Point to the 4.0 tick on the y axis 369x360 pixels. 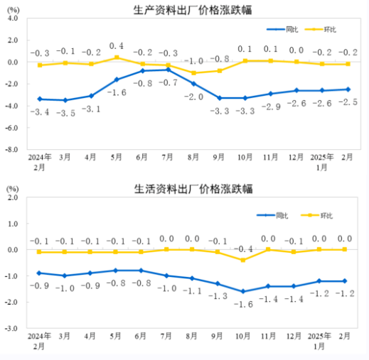12,19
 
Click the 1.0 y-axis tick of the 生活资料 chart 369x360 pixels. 12,224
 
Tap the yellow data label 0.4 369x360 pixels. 117,45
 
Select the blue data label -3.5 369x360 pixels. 65,113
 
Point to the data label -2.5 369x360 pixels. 348,102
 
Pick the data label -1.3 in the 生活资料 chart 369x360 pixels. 218,295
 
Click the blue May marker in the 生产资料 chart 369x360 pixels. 117,80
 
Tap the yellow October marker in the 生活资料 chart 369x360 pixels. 243,260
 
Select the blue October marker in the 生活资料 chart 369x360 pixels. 243,291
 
